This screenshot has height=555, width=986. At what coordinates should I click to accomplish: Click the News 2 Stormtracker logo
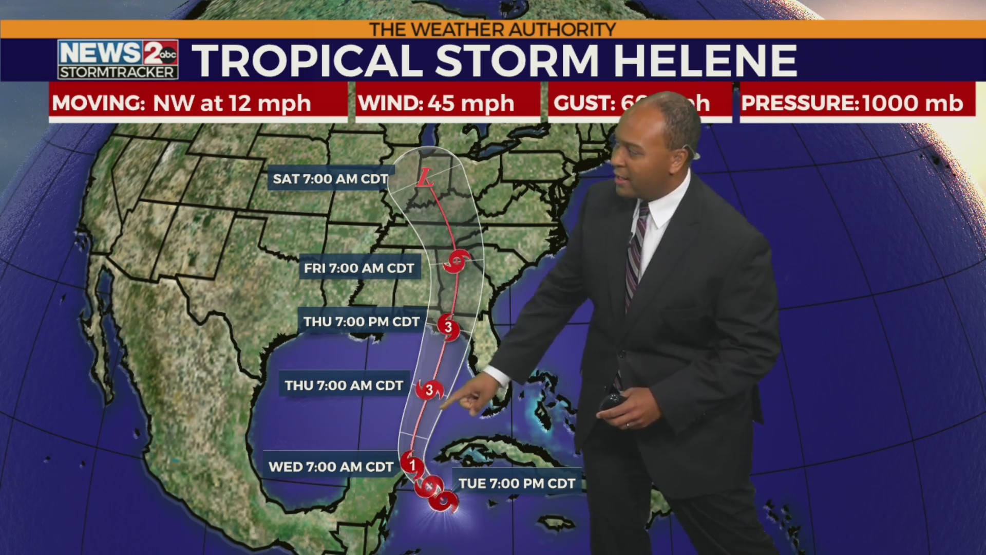tap(118, 59)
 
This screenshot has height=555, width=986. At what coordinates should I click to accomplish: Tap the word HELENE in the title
tap(705, 61)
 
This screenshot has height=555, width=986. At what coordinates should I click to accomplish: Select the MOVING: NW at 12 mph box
tap(198, 103)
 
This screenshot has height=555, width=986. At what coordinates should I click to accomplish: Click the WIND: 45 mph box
tap(447, 103)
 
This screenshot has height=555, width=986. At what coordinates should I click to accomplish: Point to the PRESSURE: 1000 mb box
tap(857, 103)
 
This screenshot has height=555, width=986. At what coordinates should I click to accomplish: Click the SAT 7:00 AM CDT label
tap(330, 179)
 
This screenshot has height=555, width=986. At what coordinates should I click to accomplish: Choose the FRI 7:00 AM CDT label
tap(359, 268)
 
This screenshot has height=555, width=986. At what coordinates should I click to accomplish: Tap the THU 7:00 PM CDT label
tap(361, 322)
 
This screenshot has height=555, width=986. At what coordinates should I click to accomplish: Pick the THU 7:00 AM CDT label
tap(344, 385)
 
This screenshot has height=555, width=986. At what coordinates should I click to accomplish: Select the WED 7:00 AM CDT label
tap(330, 467)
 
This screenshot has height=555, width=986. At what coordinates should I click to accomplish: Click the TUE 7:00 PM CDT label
tap(517, 484)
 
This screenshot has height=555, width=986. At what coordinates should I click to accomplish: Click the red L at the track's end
tap(424, 178)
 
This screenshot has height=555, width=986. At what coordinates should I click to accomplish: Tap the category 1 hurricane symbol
tap(412, 465)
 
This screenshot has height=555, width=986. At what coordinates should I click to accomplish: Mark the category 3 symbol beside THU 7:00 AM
tap(429, 390)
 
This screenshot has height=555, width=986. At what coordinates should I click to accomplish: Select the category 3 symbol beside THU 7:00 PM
tap(448, 327)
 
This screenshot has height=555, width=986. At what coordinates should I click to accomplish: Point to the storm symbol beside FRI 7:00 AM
tap(457, 262)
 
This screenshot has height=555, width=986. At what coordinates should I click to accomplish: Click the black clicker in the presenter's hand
tap(612, 401)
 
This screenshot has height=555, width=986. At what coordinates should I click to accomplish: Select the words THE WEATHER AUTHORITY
tap(492, 29)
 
